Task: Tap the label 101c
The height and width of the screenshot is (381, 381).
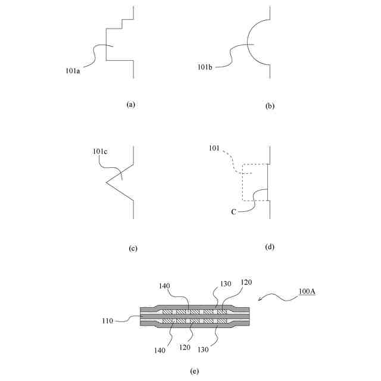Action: pos(99,151)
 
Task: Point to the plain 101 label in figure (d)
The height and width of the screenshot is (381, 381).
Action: pos(214,147)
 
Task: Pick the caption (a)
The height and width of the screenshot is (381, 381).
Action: pos(132,104)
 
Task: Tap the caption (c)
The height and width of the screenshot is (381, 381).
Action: pos(133,248)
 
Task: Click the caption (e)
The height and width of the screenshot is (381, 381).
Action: pos(194,371)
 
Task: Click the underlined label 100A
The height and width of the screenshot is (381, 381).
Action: pos(307,292)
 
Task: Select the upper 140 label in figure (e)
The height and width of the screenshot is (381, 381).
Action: pos(164,286)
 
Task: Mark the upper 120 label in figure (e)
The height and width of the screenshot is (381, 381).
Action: pos(245,282)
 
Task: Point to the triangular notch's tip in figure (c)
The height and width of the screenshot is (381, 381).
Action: pos(107,182)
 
